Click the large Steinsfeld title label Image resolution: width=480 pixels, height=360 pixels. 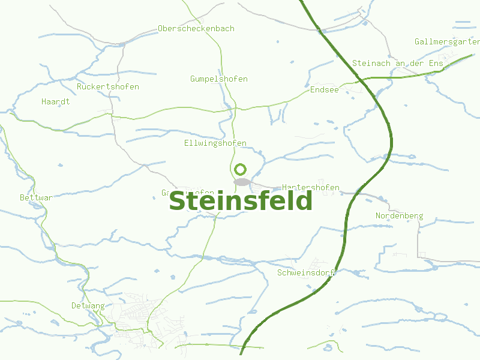tap(241, 202)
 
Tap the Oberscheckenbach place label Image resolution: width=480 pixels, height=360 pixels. tap(196, 28)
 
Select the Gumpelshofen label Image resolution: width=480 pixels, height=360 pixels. tap(219, 79)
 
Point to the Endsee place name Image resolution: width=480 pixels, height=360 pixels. tap(325, 89)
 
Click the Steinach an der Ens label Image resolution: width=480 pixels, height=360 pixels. tap(397, 63)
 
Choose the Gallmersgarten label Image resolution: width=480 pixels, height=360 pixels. tap(447, 42)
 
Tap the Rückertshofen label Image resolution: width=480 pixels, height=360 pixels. tap(108, 87)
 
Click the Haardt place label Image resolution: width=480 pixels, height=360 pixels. tap(56, 101)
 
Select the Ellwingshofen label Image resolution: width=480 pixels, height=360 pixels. tap(215, 143)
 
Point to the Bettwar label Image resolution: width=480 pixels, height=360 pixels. tap(37, 197)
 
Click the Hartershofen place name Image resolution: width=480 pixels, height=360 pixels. tap(311, 187)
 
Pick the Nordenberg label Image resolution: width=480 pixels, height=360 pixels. tap(400, 215)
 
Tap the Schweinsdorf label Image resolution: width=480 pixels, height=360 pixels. tap(305, 273)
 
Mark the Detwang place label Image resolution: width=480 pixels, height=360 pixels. tap(88, 306)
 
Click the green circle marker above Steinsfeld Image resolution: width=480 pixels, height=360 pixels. tap(241, 169)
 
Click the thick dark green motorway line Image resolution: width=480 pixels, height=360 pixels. tap(391, 138)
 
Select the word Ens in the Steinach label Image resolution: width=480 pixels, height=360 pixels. tap(436, 63)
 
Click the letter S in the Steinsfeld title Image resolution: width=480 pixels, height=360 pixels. tap(178, 202)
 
